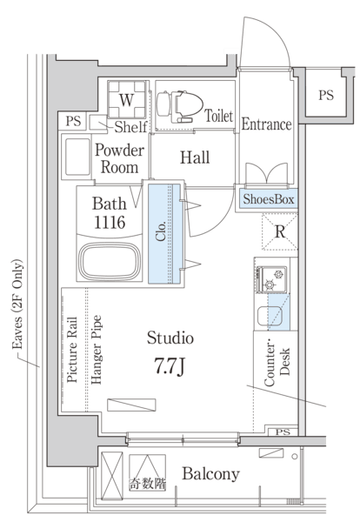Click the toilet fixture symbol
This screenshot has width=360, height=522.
[x=180, y=106]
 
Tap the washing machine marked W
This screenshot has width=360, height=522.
[x=127, y=99]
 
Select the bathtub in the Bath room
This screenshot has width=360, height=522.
[x=110, y=262]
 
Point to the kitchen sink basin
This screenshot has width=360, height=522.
[x=270, y=316]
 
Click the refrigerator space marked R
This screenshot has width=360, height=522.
[x=279, y=232]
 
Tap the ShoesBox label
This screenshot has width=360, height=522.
[x=269, y=199]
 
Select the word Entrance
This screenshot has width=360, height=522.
[x=266, y=124]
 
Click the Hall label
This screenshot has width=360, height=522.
[x=195, y=157]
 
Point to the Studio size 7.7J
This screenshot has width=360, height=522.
[x=169, y=365]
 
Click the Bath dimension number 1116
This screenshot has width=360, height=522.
[x=110, y=222]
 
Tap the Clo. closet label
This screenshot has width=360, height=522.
[x=161, y=231]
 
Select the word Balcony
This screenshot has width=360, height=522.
[x=211, y=474]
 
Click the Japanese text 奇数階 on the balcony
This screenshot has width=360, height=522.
[x=148, y=484]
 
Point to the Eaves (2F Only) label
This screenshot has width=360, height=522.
[x=17, y=304]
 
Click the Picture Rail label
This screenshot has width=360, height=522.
[x=72, y=350]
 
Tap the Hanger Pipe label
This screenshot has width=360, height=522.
[x=97, y=350]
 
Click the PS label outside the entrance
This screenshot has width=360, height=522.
[x=326, y=95]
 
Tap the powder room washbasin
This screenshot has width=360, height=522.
[x=77, y=157]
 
